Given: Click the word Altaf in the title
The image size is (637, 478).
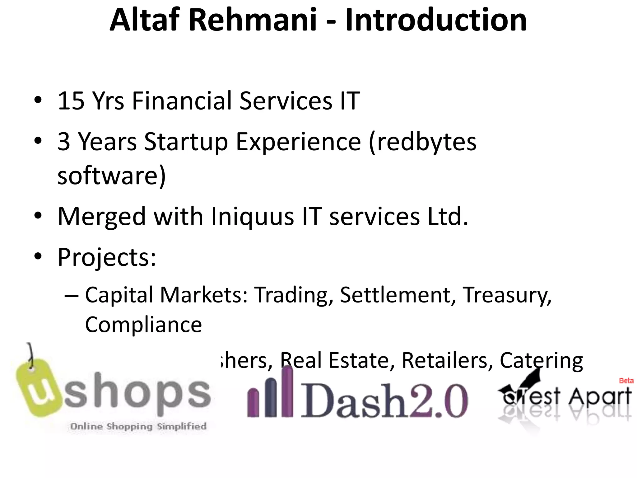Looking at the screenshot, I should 145,20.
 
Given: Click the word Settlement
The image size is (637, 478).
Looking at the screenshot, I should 395,295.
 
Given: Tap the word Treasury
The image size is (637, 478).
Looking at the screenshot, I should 507,295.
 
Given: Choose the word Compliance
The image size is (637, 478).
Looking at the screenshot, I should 143,325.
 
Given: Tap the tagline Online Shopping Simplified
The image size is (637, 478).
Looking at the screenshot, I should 138,426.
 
